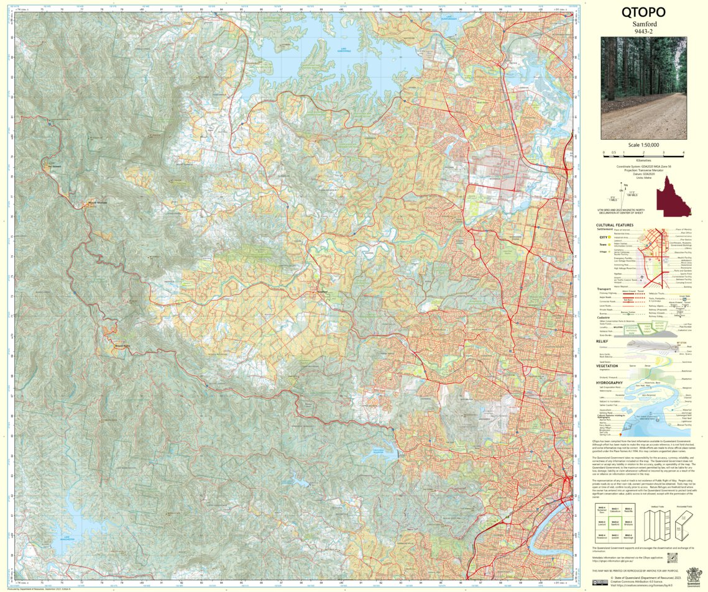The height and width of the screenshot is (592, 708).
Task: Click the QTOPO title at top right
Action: coord(643,12)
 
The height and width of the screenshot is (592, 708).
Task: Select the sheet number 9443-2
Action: coord(643,31)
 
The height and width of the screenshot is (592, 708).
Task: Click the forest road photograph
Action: coord(643,88)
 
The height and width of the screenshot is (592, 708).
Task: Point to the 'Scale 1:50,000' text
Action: coord(643,145)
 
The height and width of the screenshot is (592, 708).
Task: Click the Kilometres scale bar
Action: coord(643,153)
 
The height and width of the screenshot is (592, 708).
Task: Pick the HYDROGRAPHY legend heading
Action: coord(609,383)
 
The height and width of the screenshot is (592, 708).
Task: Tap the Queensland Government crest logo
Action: coord(692,575)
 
